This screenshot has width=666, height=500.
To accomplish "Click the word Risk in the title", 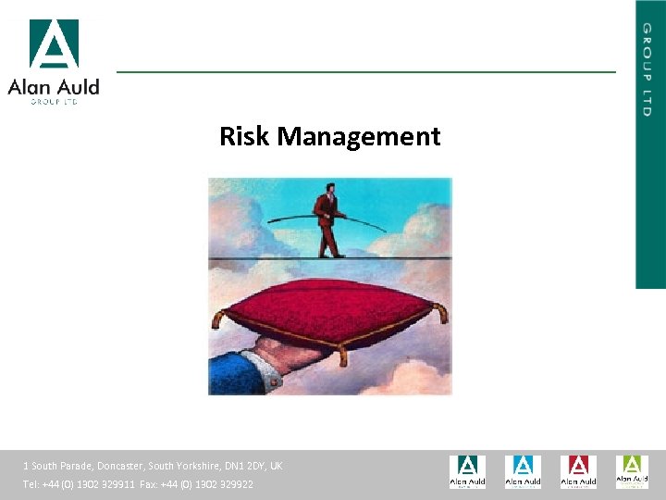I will (x=244, y=137).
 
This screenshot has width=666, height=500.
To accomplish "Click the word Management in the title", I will (x=359, y=138).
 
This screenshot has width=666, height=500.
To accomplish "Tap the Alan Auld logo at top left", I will (x=54, y=61).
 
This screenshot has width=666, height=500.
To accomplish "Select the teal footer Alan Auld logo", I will (x=467, y=471).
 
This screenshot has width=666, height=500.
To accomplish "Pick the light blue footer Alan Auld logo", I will (x=523, y=471).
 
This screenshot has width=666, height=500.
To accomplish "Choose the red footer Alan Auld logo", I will (x=578, y=471).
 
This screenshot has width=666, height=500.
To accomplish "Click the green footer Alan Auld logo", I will (x=633, y=471).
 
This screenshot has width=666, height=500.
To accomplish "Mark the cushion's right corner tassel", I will (x=443, y=313).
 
